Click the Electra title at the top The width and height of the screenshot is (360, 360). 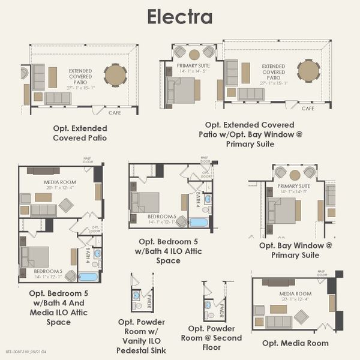[180, 16]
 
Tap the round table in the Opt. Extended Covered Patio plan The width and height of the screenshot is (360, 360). [115, 75]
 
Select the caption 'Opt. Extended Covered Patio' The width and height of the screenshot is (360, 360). [80, 133]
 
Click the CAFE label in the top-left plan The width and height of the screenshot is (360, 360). [115, 112]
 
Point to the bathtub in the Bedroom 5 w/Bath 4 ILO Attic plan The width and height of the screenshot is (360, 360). [199, 223]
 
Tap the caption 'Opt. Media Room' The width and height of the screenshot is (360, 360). [295, 343]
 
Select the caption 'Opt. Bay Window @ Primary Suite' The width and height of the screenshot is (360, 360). [295, 250]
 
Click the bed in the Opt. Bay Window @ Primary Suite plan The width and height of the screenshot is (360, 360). [282, 211]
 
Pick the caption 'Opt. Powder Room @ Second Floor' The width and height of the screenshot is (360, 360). [215, 338]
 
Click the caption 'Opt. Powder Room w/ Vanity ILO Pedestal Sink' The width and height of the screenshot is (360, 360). [142, 336]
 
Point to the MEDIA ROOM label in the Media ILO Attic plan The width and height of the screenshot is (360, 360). [58, 182]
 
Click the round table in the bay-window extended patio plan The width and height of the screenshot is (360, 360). [309, 71]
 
